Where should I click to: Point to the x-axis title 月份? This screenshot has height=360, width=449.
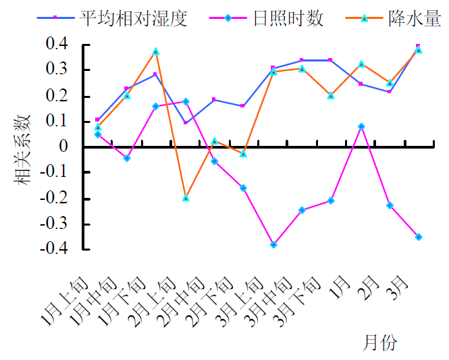(x=381, y=342)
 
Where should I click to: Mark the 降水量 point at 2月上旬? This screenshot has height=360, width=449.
(x=186, y=198)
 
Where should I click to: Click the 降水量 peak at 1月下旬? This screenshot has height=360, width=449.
(x=156, y=51)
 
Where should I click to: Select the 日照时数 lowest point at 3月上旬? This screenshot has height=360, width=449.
(x=273, y=245)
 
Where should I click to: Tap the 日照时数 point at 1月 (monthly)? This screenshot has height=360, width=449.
(x=361, y=126)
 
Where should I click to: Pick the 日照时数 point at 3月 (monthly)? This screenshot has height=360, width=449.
(x=419, y=237)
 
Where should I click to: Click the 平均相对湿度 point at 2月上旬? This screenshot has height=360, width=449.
(x=186, y=122)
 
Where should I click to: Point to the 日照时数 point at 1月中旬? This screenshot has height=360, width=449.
(x=127, y=158)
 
